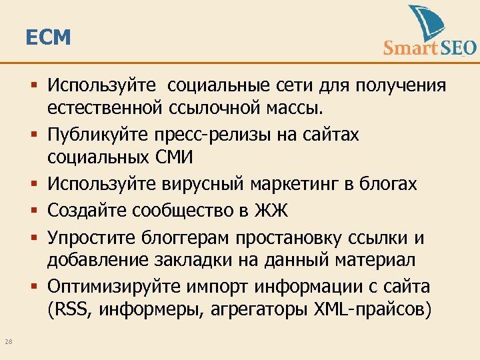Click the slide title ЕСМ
coord(47,38)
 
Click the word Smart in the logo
coord(410,47)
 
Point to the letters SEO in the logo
coord(458,47)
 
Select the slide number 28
coord(8,342)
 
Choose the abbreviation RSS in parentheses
coord(71,310)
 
